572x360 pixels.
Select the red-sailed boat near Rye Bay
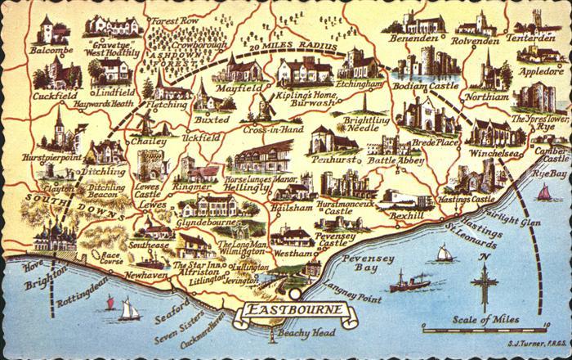[x=544, y=193]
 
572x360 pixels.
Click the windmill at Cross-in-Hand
[x=266, y=109]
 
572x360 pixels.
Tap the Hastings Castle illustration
[x=472, y=177]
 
